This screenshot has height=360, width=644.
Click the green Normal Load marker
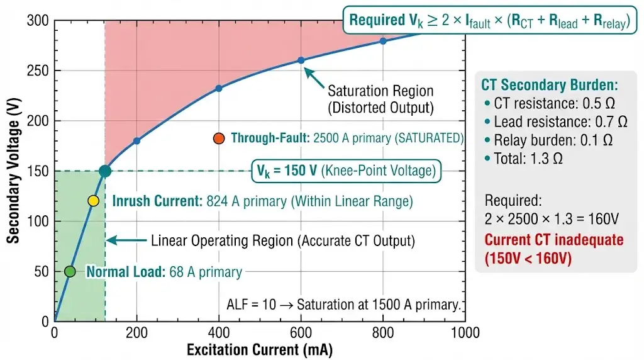click(x=70, y=271)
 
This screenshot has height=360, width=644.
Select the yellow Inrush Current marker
click(x=93, y=201)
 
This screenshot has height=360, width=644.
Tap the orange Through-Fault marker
click(x=219, y=138)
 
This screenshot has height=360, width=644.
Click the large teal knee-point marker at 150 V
click(x=105, y=171)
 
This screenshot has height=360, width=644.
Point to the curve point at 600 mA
click(x=301, y=60)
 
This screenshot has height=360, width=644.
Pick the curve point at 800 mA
click(x=383, y=41)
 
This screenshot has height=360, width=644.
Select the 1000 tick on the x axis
click(x=465, y=333)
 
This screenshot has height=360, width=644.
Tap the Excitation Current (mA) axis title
click(x=259, y=349)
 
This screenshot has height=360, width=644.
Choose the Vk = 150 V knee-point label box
click(x=346, y=171)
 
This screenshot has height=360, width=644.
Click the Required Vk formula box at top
click(x=490, y=20)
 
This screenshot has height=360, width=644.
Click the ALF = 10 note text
click(x=343, y=305)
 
